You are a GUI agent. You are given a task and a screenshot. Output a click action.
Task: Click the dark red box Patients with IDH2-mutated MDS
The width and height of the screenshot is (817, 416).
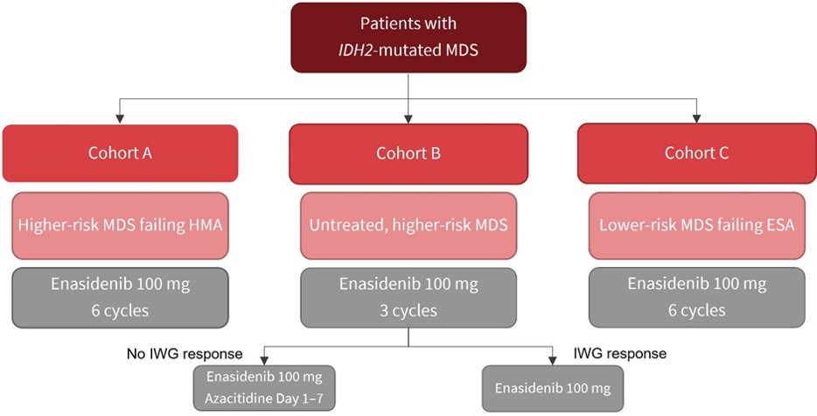(408, 38)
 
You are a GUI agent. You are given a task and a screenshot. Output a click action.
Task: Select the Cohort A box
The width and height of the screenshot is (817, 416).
(121, 153)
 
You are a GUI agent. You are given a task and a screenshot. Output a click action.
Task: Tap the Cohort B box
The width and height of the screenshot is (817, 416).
(408, 154)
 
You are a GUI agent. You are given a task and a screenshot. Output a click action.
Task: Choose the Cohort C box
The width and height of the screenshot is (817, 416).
(697, 153)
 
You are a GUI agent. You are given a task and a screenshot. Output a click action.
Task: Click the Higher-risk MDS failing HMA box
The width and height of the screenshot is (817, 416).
(121, 225)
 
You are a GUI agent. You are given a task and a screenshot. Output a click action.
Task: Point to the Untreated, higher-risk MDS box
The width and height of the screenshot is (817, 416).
(408, 225)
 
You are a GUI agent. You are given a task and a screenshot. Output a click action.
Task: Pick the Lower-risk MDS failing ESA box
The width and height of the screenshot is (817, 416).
(697, 225)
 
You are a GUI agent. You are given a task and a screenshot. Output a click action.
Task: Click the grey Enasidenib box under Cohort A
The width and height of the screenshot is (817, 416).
(121, 298)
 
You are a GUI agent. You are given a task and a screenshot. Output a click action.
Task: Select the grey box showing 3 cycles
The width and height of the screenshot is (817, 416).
(408, 298)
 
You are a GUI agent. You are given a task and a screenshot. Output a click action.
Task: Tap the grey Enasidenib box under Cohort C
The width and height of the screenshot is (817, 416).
(697, 298)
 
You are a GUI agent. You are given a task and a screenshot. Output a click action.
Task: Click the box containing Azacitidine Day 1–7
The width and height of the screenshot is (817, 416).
(264, 388)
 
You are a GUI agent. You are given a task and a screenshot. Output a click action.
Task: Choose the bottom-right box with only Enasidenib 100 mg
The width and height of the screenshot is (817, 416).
(552, 388)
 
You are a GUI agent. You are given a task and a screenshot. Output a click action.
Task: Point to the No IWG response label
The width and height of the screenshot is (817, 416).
(185, 354)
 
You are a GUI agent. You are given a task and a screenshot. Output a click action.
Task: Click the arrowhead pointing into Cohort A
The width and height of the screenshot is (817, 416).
(121, 119)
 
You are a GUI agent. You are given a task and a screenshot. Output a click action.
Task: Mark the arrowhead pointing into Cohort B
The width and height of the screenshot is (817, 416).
(408, 119)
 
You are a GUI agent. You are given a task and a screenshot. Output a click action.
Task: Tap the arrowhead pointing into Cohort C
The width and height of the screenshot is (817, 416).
(696, 119)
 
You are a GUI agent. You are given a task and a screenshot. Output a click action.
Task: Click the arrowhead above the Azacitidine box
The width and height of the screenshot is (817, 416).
(264, 360)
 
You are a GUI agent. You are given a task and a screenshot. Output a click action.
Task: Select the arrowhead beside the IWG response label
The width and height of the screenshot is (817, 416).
(552, 360)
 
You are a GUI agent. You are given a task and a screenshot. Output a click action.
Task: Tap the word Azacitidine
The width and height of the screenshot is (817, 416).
(233, 398)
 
